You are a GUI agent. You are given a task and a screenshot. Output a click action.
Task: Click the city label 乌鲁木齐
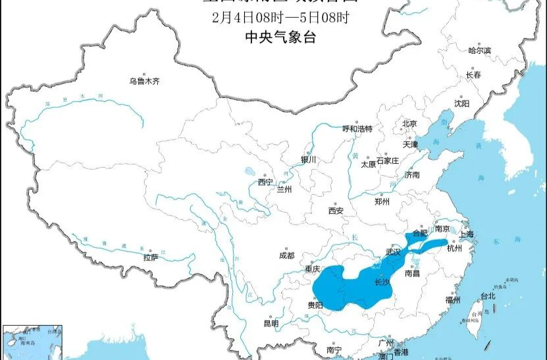pyautogui.click(x=144, y=82)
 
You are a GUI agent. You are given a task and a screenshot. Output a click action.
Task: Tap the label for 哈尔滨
pyautogui.click(x=479, y=51)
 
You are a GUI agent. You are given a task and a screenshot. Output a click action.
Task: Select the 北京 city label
pyautogui.click(x=409, y=124)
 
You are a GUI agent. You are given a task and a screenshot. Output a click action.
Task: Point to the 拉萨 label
pyautogui.click(x=151, y=257)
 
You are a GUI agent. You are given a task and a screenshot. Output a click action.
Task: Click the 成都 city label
pyautogui.click(x=286, y=255)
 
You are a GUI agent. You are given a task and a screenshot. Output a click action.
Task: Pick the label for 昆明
pyautogui.click(x=271, y=323)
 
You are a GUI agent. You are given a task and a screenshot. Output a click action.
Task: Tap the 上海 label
pyautogui.click(x=467, y=235)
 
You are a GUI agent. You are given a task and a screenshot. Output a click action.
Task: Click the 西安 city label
pyautogui.click(x=336, y=211)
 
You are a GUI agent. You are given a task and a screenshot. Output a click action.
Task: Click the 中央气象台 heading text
pyautogui.click(x=280, y=38)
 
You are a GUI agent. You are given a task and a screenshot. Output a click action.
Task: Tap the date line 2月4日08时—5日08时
pyautogui.click(x=280, y=18)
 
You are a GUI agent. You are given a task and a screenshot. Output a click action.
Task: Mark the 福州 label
pyautogui.click(x=452, y=300)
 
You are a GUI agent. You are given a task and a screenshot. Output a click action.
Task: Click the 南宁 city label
pyautogui.click(x=334, y=350)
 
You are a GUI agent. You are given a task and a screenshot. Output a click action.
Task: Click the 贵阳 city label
pyautogui.click(x=315, y=305)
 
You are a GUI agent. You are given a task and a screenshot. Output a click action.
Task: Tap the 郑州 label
pyautogui.click(x=382, y=202)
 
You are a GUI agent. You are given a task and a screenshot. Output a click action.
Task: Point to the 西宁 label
pyautogui.click(x=265, y=182)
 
